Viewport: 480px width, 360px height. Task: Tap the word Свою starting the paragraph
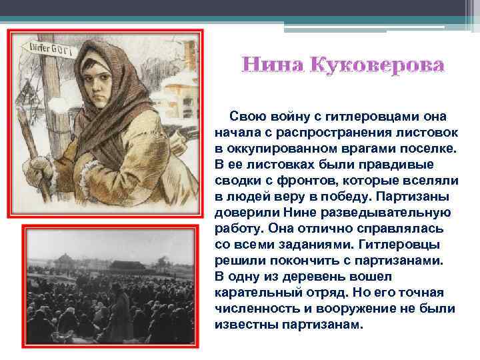(x=248, y=115)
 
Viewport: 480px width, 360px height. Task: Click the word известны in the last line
(x=245, y=325)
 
